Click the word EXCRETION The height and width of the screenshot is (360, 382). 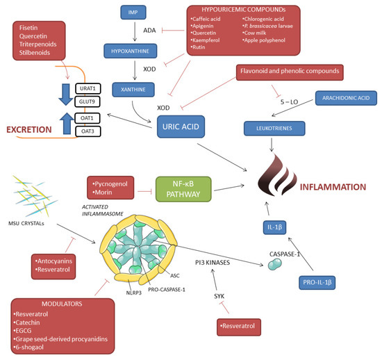click(x=29, y=129)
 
